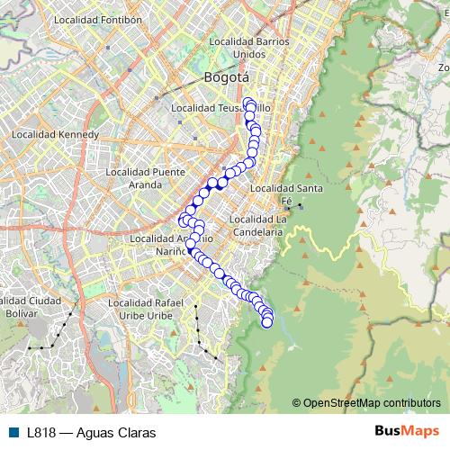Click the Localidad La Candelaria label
(x=257, y=225)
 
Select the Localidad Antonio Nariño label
(x=171, y=245)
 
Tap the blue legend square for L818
(x=13, y=432)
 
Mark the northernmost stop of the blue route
(x=248, y=102)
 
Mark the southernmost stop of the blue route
(x=267, y=322)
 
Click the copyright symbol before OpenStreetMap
(x=297, y=403)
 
